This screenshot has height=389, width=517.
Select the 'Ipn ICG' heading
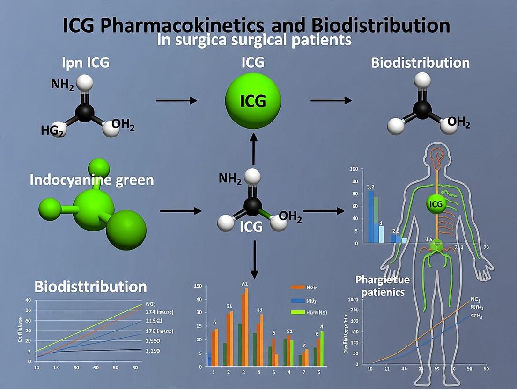coord(86,62)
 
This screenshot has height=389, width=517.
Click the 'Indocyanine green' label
coord(91,180)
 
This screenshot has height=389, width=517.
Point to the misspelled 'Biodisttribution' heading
coord(90,286)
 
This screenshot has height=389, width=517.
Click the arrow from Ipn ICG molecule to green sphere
coord(176,100)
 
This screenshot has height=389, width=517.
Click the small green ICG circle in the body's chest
coord(435,204)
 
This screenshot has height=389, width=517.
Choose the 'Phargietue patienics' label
coord(382,286)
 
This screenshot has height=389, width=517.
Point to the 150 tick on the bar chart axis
coord(198,287)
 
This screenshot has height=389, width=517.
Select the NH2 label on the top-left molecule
coord(62,86)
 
